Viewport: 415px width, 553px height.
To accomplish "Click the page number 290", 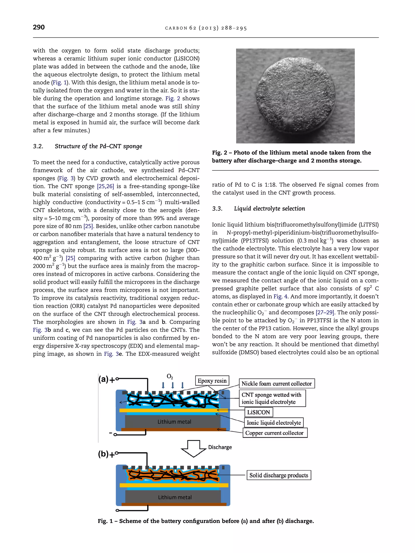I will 39,27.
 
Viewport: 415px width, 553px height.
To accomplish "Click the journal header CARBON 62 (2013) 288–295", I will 206,28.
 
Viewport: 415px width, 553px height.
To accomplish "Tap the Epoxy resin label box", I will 212,381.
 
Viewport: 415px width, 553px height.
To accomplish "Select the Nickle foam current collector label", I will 276,384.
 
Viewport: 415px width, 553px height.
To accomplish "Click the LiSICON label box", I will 258,412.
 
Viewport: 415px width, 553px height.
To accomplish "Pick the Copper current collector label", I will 274,433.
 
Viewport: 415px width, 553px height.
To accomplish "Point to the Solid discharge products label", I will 279,475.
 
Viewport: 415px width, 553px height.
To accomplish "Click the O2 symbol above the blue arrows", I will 170,376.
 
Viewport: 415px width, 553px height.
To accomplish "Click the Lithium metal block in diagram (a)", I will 174,422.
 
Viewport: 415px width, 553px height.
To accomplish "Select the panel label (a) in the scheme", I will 103,379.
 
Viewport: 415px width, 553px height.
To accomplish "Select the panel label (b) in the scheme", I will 103,454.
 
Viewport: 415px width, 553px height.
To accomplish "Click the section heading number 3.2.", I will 38,146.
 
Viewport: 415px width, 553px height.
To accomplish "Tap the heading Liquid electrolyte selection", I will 270,209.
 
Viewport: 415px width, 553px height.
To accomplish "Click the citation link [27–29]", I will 325,312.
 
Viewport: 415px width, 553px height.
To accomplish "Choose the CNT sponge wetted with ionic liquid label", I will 272,398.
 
